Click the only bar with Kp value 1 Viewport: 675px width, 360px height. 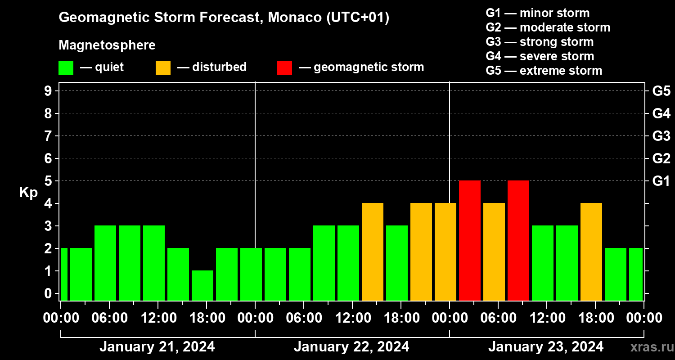202,285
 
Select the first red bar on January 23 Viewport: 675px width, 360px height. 470,240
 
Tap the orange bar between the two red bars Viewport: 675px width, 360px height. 494,252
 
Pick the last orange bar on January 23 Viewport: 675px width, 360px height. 591,252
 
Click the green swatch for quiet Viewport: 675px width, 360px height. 66,67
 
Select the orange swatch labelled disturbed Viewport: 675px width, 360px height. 163,67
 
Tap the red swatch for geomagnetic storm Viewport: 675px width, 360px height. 284,67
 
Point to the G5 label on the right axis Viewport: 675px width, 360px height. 661,91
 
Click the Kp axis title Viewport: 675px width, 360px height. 28,193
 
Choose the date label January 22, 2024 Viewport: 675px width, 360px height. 351,347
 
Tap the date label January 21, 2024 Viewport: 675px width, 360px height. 157,347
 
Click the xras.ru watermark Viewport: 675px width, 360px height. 649,347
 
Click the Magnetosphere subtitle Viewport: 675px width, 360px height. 107,45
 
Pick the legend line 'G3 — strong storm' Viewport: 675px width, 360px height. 540,42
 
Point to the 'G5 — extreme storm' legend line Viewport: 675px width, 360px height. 544,71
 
